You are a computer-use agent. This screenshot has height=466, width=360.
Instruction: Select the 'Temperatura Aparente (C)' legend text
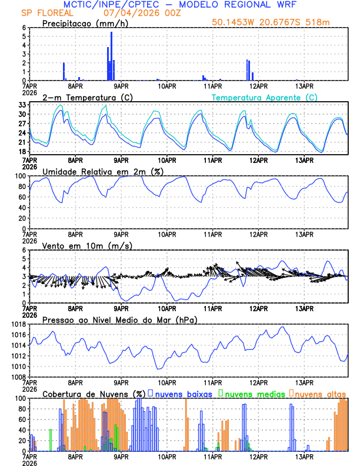click(264, 97)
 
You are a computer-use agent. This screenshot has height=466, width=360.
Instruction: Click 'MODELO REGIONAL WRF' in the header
click(258, 4)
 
